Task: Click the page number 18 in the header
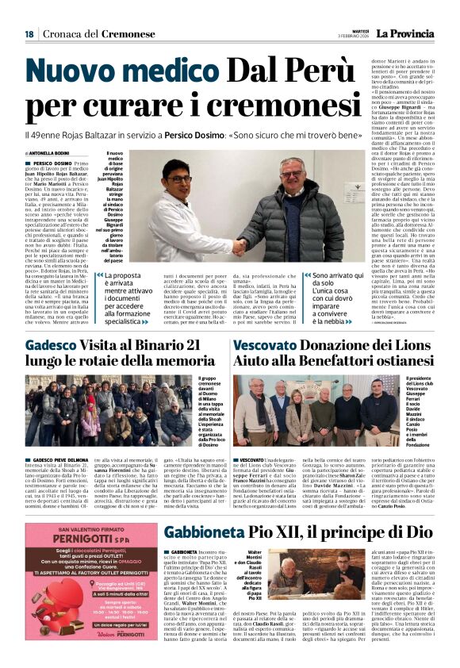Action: [x=29, y=34]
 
